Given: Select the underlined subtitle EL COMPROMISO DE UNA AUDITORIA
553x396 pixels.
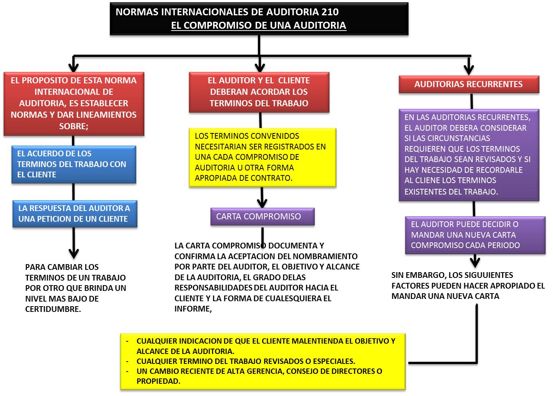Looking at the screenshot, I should coord(258,26).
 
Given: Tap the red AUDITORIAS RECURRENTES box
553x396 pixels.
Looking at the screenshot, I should coord(468,84).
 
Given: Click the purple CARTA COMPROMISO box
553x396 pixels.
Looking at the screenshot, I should coord(262,217).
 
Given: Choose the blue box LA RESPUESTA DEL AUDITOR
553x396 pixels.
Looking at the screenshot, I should coord(75,214).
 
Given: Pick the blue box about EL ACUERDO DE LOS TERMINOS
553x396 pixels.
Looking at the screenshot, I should coord(73,164).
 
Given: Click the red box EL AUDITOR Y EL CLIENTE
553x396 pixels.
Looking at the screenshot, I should coord(259,92).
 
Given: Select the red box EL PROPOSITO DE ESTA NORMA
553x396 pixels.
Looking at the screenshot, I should coord(73,103).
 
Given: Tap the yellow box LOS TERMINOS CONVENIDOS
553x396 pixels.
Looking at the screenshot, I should coord(262,157).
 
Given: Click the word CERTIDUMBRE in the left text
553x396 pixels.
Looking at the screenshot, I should coord(53,310).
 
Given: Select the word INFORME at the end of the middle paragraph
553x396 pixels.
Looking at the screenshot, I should coord(192,309).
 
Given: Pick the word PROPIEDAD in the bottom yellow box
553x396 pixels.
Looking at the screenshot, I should coord(158,381).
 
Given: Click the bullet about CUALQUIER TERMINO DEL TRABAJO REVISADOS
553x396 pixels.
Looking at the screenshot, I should coord(246,361).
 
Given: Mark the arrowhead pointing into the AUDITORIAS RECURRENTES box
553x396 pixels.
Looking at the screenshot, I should coord(468,70).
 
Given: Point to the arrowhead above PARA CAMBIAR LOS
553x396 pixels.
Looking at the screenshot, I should coord(73,253).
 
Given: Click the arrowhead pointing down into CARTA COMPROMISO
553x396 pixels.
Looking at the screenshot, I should coord(262,203).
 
